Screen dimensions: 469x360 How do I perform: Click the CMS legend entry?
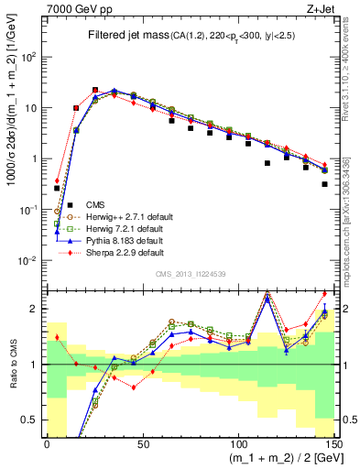coord(96,203)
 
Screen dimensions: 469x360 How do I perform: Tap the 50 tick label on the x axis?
coord(142,443)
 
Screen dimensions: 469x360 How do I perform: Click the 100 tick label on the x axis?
coord(237,443)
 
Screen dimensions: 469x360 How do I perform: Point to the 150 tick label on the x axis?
coord(333,443)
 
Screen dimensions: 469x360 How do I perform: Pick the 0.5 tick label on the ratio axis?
coord(32,420)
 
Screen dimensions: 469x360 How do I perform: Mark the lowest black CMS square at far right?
coord(325,184)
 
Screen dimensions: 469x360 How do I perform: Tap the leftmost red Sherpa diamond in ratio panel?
coord(57,337)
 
